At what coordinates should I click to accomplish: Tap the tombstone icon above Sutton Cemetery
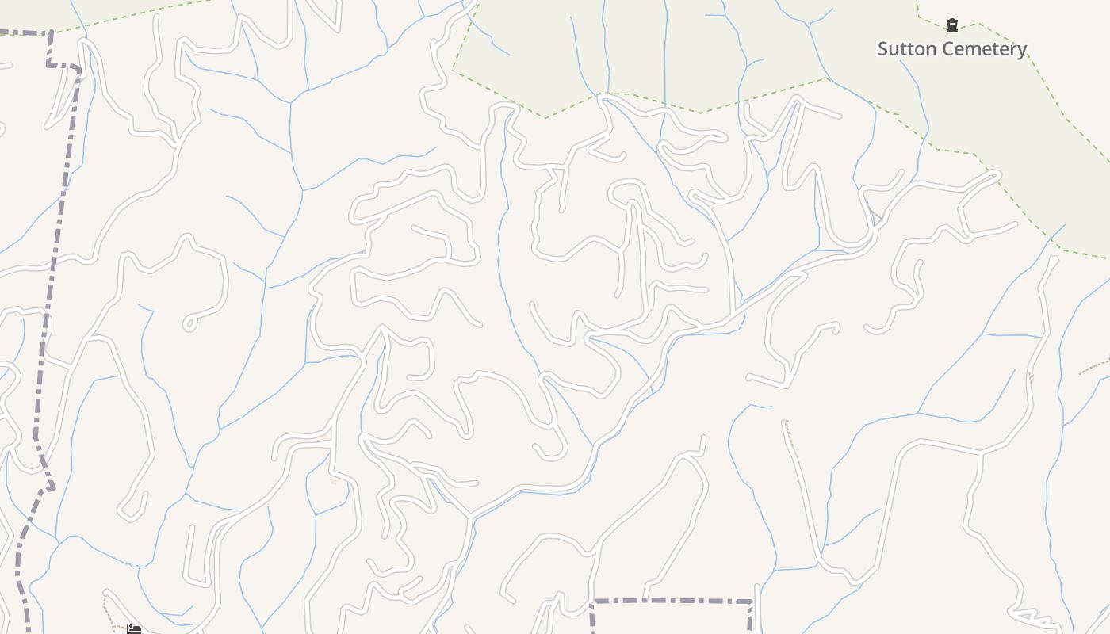(x=952, y=25)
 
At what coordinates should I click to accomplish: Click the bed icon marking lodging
(x=134, y=629)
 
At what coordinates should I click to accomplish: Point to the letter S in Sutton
(x=883, y=49)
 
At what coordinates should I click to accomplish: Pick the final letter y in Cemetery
(x=1022, y=51)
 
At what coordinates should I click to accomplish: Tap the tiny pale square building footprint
(x=334, y=482)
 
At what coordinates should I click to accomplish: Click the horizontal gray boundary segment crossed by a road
(x=674, y=601)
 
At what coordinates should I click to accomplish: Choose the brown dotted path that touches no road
(x=1094, y=366)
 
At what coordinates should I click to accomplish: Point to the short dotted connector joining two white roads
(x=876, y=216)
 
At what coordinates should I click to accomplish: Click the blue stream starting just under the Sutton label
(x=912, y=79)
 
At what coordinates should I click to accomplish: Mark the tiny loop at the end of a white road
(x=189, y=323)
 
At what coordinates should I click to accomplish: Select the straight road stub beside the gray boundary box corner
(x=758, y=610)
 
